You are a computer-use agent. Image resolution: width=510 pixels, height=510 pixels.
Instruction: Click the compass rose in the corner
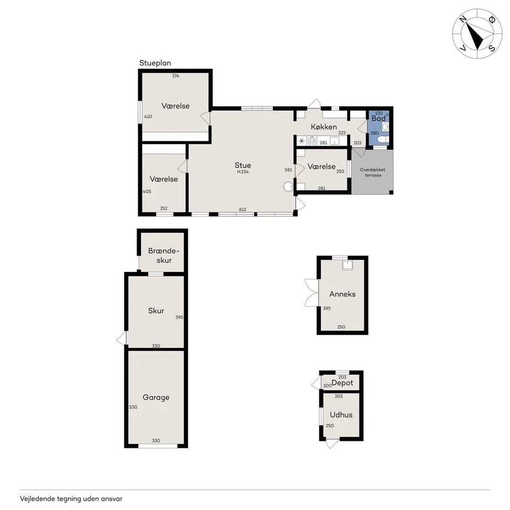coord(477,33)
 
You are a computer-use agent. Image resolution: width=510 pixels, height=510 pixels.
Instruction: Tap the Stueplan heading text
coord(155,63)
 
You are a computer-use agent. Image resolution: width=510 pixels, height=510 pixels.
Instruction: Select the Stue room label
coord(243,165)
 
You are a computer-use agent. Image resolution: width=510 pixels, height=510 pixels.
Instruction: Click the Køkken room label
coord(324,126)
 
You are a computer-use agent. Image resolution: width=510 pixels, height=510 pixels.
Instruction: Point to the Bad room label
coord(378,118)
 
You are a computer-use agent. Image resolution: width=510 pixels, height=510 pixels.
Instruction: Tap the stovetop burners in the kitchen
coord(312,141)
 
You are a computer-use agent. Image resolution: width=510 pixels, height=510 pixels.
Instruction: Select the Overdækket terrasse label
coord(372,172)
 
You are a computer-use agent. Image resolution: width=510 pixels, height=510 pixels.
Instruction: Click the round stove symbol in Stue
coord(288,186)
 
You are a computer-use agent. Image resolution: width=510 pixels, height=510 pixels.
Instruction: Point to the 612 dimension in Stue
coord(242,209)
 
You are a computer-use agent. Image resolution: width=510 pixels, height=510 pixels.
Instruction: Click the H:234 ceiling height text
coord(243,172)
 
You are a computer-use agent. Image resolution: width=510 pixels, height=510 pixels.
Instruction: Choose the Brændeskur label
coord(164,255)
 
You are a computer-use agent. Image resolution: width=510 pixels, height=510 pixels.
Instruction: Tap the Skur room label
coord(156,311)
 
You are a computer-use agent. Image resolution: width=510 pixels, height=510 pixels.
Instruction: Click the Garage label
coord(156,397)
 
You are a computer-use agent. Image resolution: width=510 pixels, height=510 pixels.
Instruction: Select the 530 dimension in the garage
coord(133,407)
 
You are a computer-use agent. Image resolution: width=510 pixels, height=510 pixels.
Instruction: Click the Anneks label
coord(342,294)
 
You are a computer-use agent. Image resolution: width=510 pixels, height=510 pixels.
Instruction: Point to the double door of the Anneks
coord(311,293)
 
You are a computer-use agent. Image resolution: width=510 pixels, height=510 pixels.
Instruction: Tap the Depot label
coord(342,383)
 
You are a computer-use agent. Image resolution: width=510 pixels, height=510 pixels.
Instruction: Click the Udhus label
coord(341,415)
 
